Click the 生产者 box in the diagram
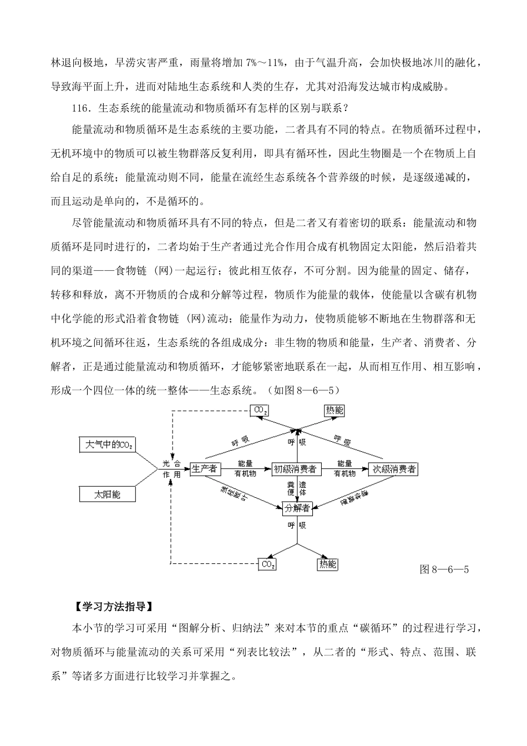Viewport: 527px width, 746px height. (x=205, y=469)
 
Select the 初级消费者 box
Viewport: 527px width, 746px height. (x=295, y=469)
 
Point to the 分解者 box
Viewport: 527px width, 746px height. (x=297, y=507)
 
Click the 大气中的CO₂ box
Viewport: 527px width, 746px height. (x=108, y=445)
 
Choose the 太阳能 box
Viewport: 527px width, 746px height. (x=108, y=494)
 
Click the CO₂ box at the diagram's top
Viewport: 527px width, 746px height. (x=260, y=411)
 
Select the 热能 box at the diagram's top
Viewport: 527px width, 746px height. (x=334, y=411)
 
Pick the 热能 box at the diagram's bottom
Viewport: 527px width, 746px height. (x=327, y=564)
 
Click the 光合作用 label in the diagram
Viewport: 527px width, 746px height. (x=171, y=469)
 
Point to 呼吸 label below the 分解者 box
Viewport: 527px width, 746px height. (x=297, y=525)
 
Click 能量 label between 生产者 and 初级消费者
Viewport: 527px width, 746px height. (x=245, y=463)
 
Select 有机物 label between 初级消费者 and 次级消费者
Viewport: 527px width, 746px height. (x=344, y=474)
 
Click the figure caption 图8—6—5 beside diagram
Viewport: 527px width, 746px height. (x=444, y=569)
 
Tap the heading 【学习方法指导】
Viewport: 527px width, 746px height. (x=109, y=607)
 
